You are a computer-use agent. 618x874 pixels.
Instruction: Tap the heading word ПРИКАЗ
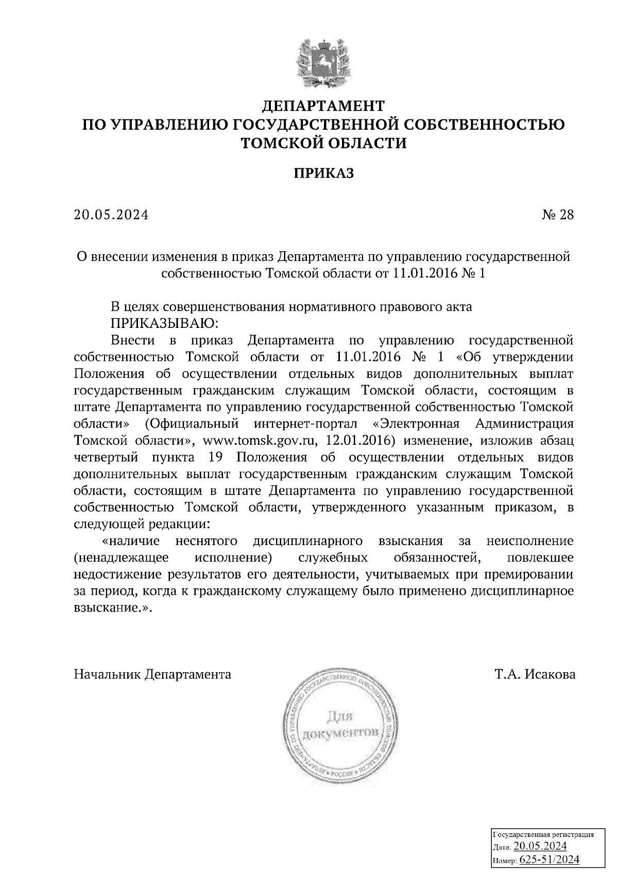pos(324,173)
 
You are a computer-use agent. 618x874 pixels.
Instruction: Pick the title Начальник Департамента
pos(152,674)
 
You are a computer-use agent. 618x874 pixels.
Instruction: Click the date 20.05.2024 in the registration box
pos(540,847)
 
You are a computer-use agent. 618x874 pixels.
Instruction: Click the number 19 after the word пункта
pos(216,458)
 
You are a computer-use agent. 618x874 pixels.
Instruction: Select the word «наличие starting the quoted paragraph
pos(131,541)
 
